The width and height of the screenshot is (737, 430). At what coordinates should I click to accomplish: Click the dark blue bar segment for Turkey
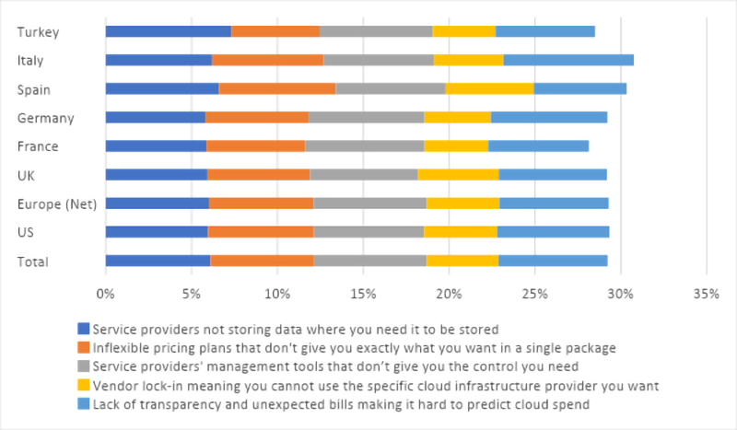click(x=168, y=31)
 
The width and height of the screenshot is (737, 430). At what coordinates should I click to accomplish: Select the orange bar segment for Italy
click(x=267, y=60)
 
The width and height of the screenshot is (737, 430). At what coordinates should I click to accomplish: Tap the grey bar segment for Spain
click(x=391, y=88)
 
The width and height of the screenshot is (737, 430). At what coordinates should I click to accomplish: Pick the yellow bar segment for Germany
click(x=457, y=117)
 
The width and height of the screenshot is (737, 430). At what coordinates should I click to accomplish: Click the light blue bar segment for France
click(x=538, y=145)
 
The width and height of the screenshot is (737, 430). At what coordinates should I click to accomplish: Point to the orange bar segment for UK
click(x=259, y=174)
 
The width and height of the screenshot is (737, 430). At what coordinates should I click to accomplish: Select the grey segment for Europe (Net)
click(x=369, y=203)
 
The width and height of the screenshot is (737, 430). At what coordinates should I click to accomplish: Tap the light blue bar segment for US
click(x=553, y=231)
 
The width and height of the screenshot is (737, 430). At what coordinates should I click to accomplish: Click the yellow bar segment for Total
click(x=462, y=261)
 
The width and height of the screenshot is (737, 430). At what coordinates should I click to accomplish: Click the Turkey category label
click(x=38, y=32)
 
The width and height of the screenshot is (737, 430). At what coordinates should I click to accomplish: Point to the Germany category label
click(x=45, y=118)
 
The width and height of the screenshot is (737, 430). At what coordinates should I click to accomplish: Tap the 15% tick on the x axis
click(x=363, y=295)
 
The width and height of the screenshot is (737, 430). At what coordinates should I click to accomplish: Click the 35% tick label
click(x=706, y=295)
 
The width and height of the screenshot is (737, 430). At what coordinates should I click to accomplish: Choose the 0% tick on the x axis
click(x=105, y=295)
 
